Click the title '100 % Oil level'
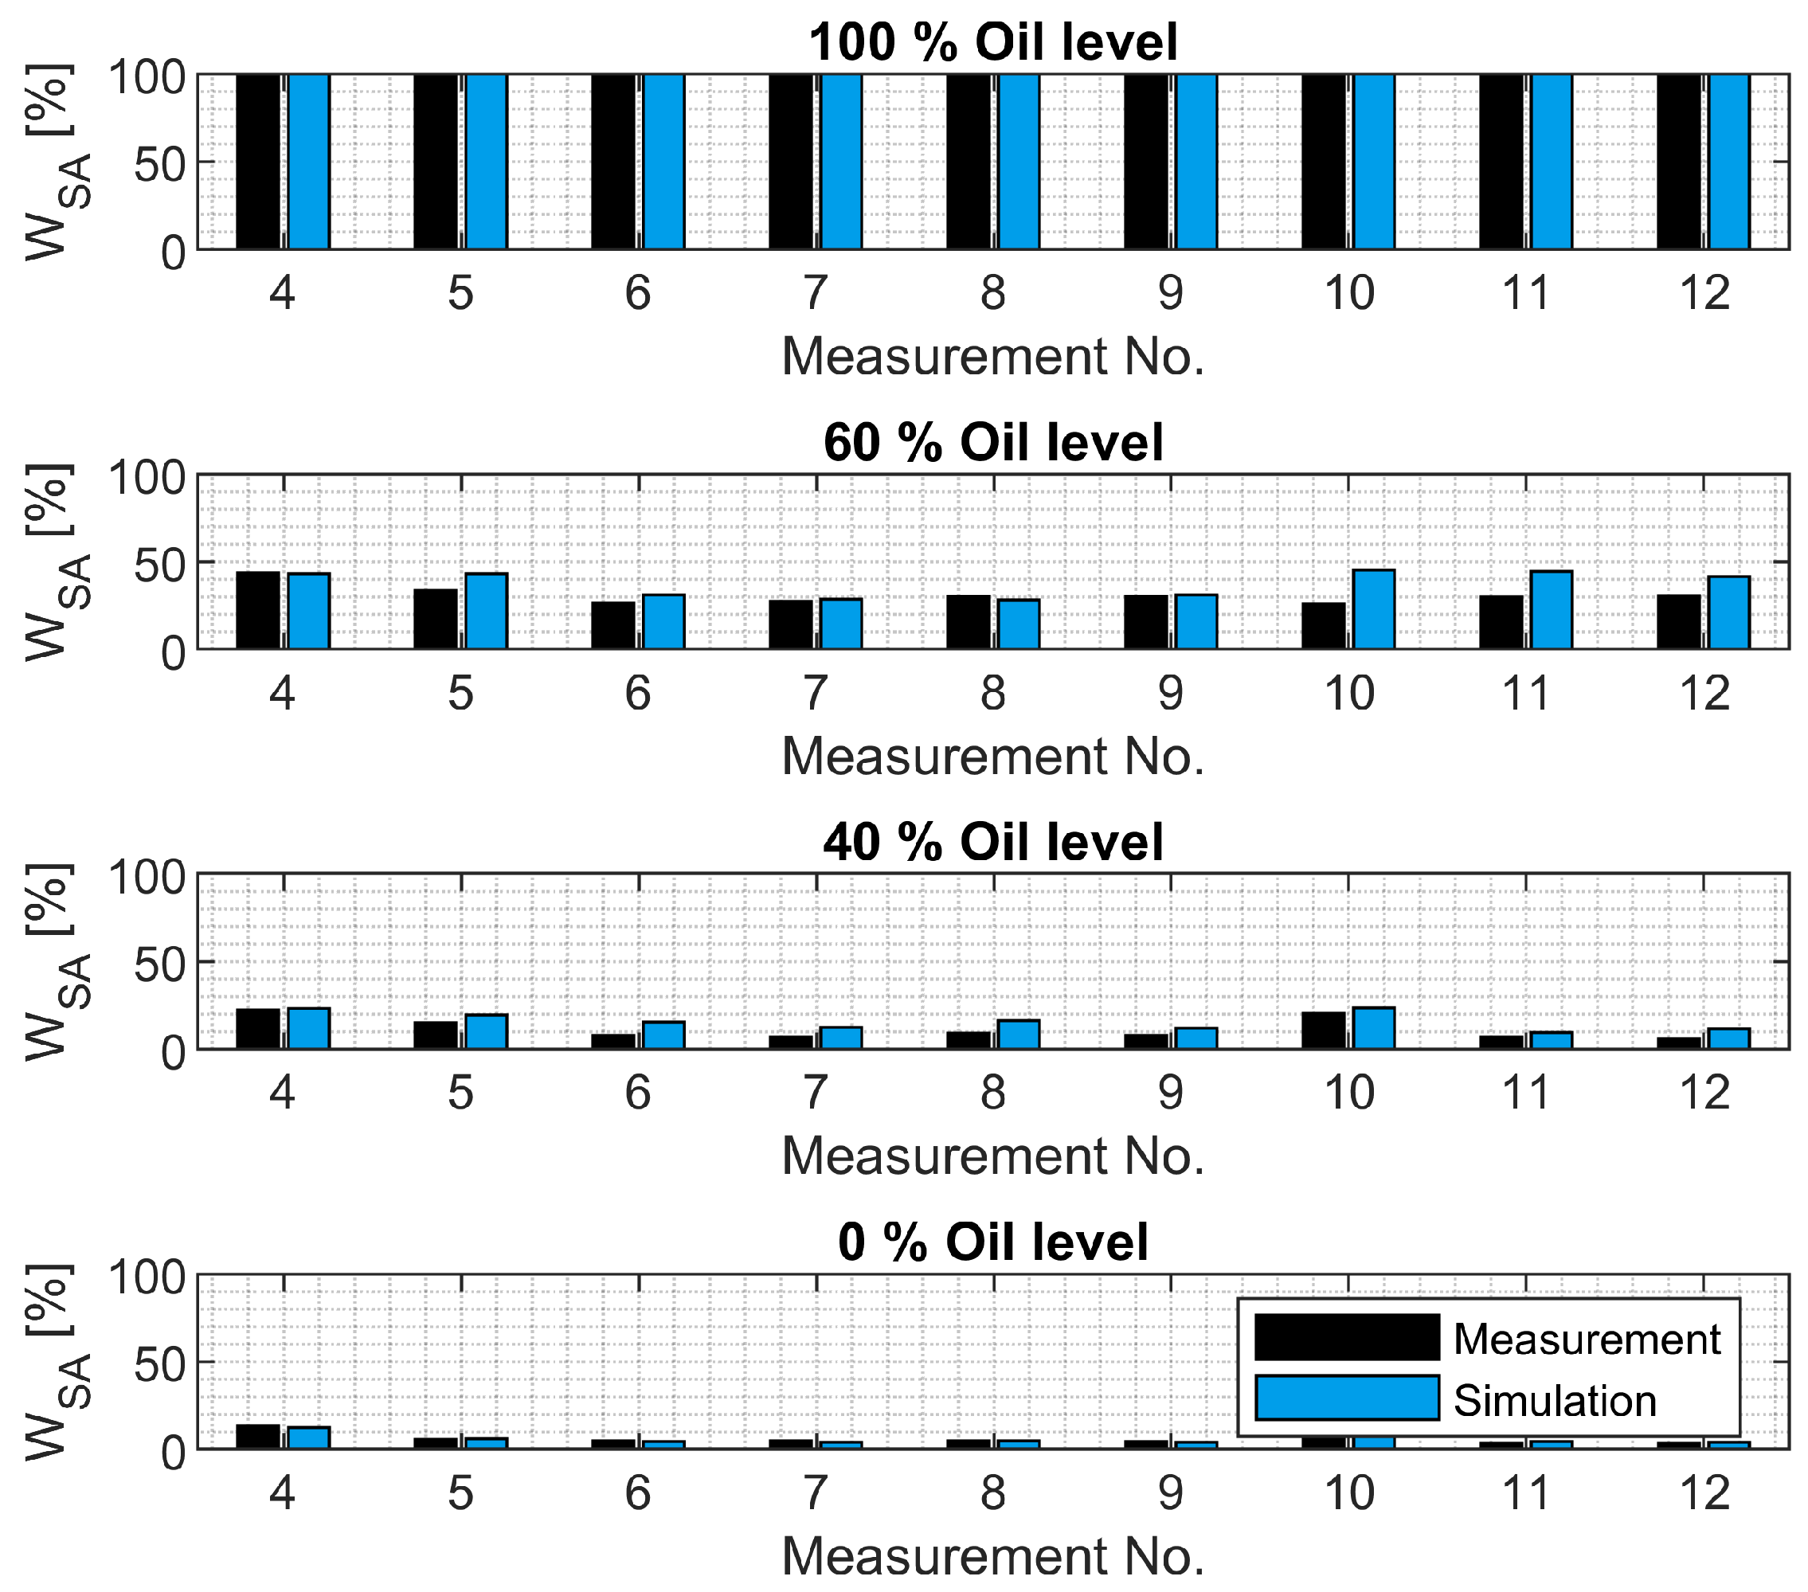[x=992, y=41]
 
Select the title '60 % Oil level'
[x=992, y=442]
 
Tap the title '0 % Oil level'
[x=992, y=1242]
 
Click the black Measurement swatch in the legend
[x=1346, y=1337]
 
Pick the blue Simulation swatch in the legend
[x=1346, y=1398]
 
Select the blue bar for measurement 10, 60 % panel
[x=1374, y=609]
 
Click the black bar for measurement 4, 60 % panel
[x=257, y=610]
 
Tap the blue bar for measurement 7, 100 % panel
[x=841, y=161]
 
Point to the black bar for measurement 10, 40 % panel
[x=1323, y=1031]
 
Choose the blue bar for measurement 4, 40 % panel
[x=309, y=1029]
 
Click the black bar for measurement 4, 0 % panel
[x=257, y=1437]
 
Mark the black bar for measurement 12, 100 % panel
[x=1679, y=161]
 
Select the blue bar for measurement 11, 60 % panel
[x=1552, y=610]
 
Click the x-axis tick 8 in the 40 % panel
[x=992, y=1094]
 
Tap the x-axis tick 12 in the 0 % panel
[x=1704, y=1494]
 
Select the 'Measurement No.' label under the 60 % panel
[x=992, y=757]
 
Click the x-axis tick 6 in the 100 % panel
[x=638, y=294]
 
